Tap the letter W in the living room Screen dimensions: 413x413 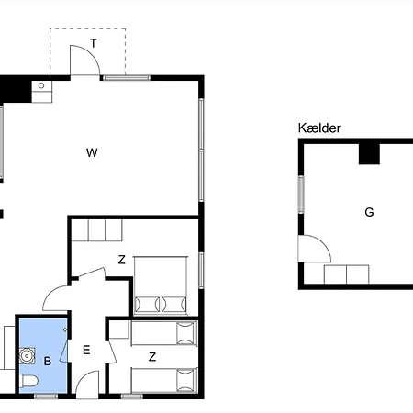click(91, 152)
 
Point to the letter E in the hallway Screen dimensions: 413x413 click(86, 350)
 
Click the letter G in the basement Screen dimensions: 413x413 click(369, 212)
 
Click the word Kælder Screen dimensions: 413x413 click(319, 128)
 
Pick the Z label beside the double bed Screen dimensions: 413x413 click(121, 260)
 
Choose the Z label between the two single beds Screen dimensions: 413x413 click(152, 356)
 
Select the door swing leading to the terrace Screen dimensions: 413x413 click(85, 62)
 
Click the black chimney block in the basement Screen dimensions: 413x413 click(369, 152)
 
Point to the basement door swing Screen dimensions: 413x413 click(312, 249)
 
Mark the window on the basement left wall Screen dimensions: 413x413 click(300, 194)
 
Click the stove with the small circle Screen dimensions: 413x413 click(42, 88)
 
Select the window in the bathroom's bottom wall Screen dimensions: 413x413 click(45, 396)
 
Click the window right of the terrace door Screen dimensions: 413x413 click(126, 78)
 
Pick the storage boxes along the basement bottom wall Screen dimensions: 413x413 click(347, 274)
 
